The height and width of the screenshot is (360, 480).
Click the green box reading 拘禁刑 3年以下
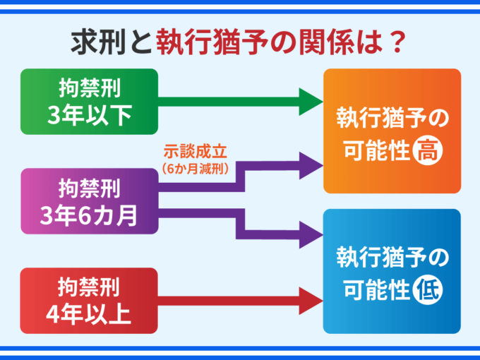[x=90, y=101]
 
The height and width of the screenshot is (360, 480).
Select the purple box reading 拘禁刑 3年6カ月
[x=90, y=202]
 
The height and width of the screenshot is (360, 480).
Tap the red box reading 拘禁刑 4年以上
[x=90, y=300]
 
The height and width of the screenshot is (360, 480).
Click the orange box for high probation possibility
[x=392, y=131]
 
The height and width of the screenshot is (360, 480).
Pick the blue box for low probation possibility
[x=392, y=271]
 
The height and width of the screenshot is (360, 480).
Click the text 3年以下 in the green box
[x=90, y=114]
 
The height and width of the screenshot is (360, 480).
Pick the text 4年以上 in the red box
[x=90, y=313]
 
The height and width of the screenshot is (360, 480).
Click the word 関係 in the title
[x=329, y=42]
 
